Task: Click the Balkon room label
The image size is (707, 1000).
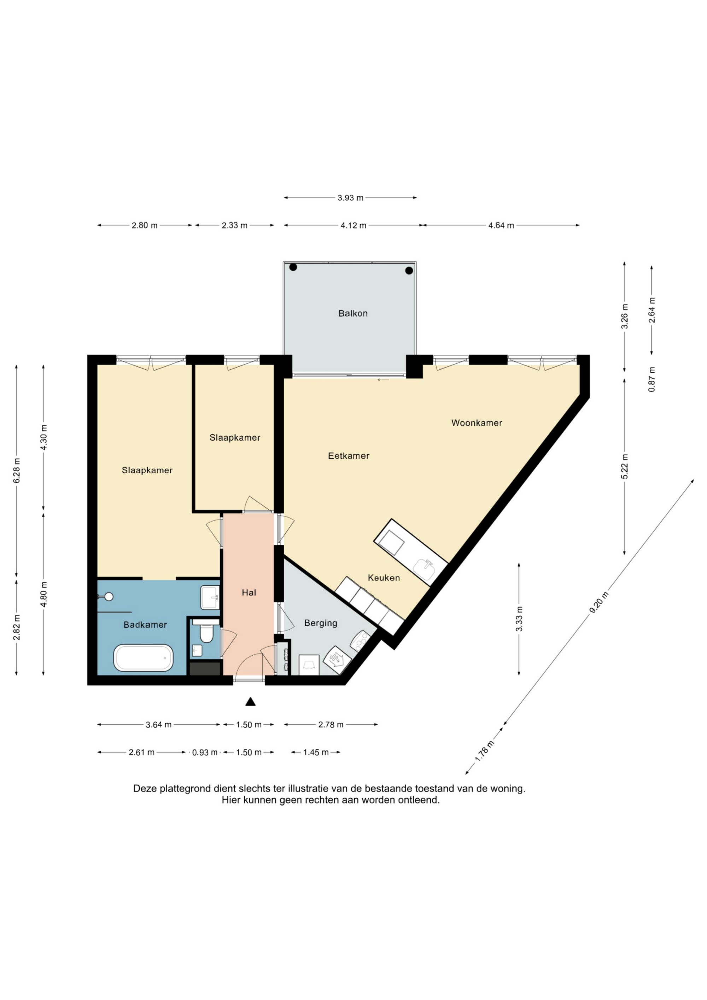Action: click(x=353, y=313)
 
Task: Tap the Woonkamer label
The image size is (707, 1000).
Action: click(x=477, y=422)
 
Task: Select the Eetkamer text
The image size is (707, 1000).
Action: click(x=349, y=456)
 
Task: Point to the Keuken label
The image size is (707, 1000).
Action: click(x=384, y=578)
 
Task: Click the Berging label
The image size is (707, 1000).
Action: click(x=321, y=623)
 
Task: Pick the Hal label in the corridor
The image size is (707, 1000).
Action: click(x=249, y=592)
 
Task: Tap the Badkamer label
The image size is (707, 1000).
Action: click(x=145, y=625)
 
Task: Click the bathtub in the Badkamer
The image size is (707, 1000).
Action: click(x=143, y=658)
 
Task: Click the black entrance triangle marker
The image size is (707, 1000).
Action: click(x=250, y=702)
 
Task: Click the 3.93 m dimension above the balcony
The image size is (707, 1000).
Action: click(x=350, y=198)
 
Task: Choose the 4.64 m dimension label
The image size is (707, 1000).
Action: click(x=501, y=225)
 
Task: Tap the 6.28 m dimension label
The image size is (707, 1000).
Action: click(x=17, y=470)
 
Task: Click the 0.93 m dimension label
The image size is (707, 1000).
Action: click(x=205, y=752)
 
